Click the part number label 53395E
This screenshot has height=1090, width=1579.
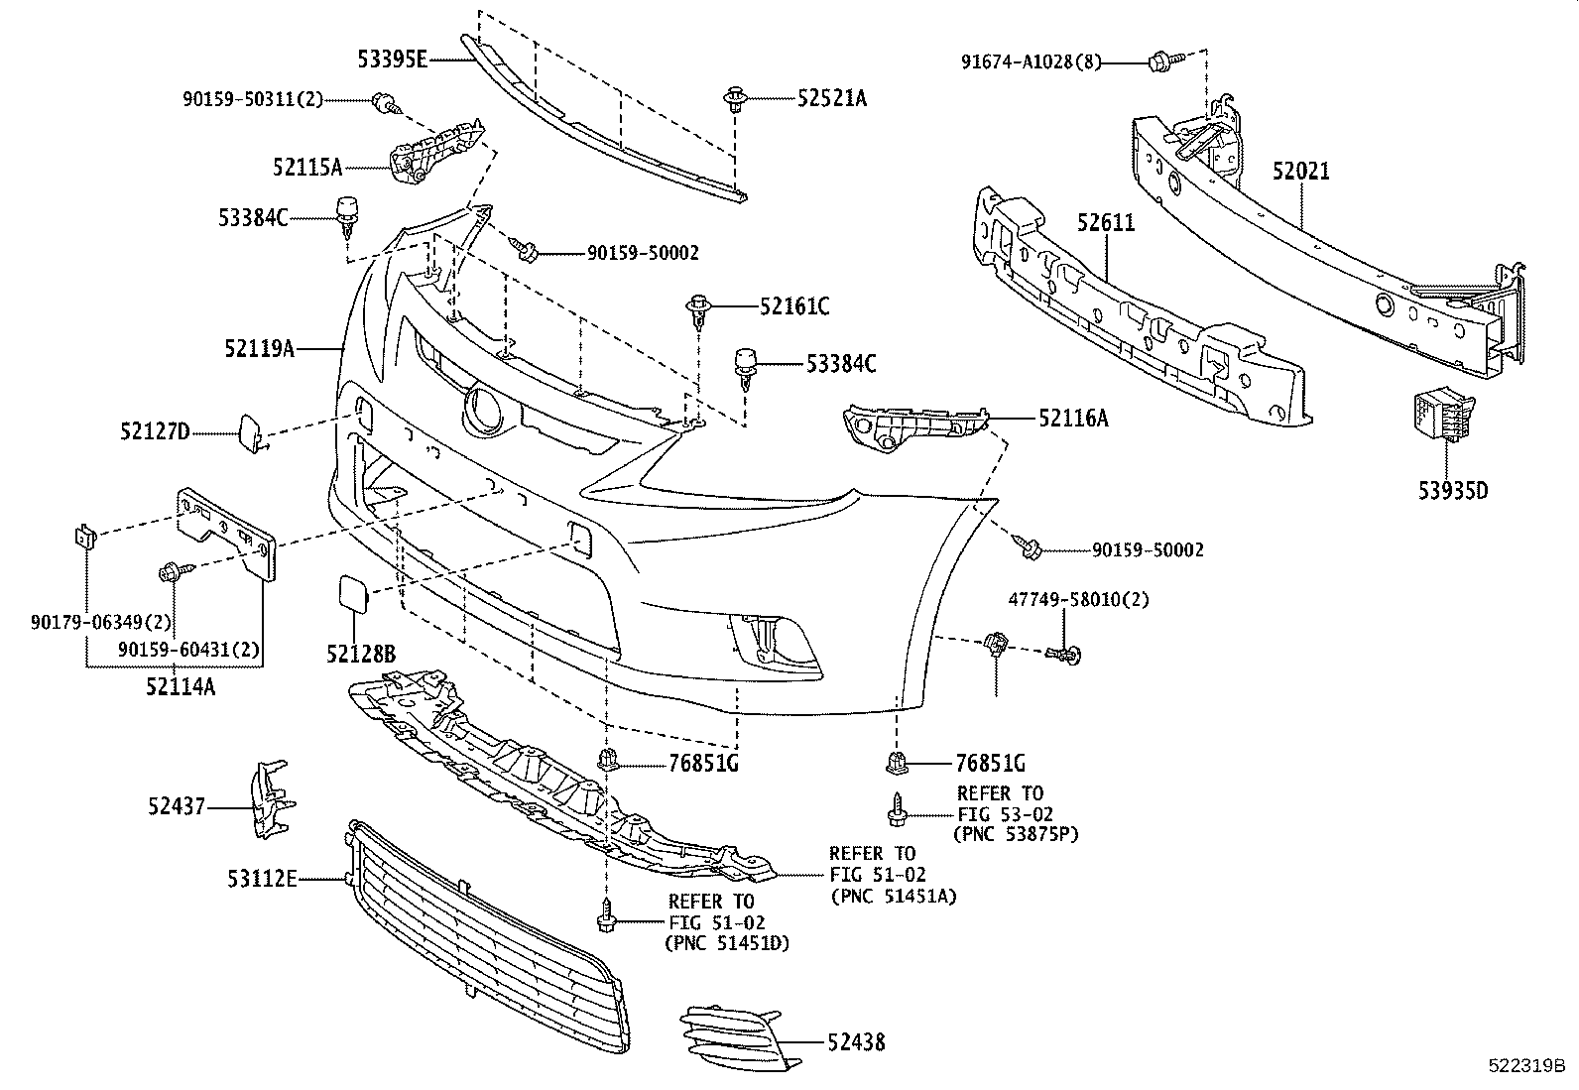click(392, 60)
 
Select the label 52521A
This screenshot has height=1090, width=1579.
click(831, 97)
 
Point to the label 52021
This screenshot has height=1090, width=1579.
click(1301, 172)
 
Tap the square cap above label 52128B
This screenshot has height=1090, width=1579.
click(351, 592)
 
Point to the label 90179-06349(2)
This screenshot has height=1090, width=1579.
click(101, 623)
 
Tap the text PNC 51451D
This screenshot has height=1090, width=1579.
click(727, 942)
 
